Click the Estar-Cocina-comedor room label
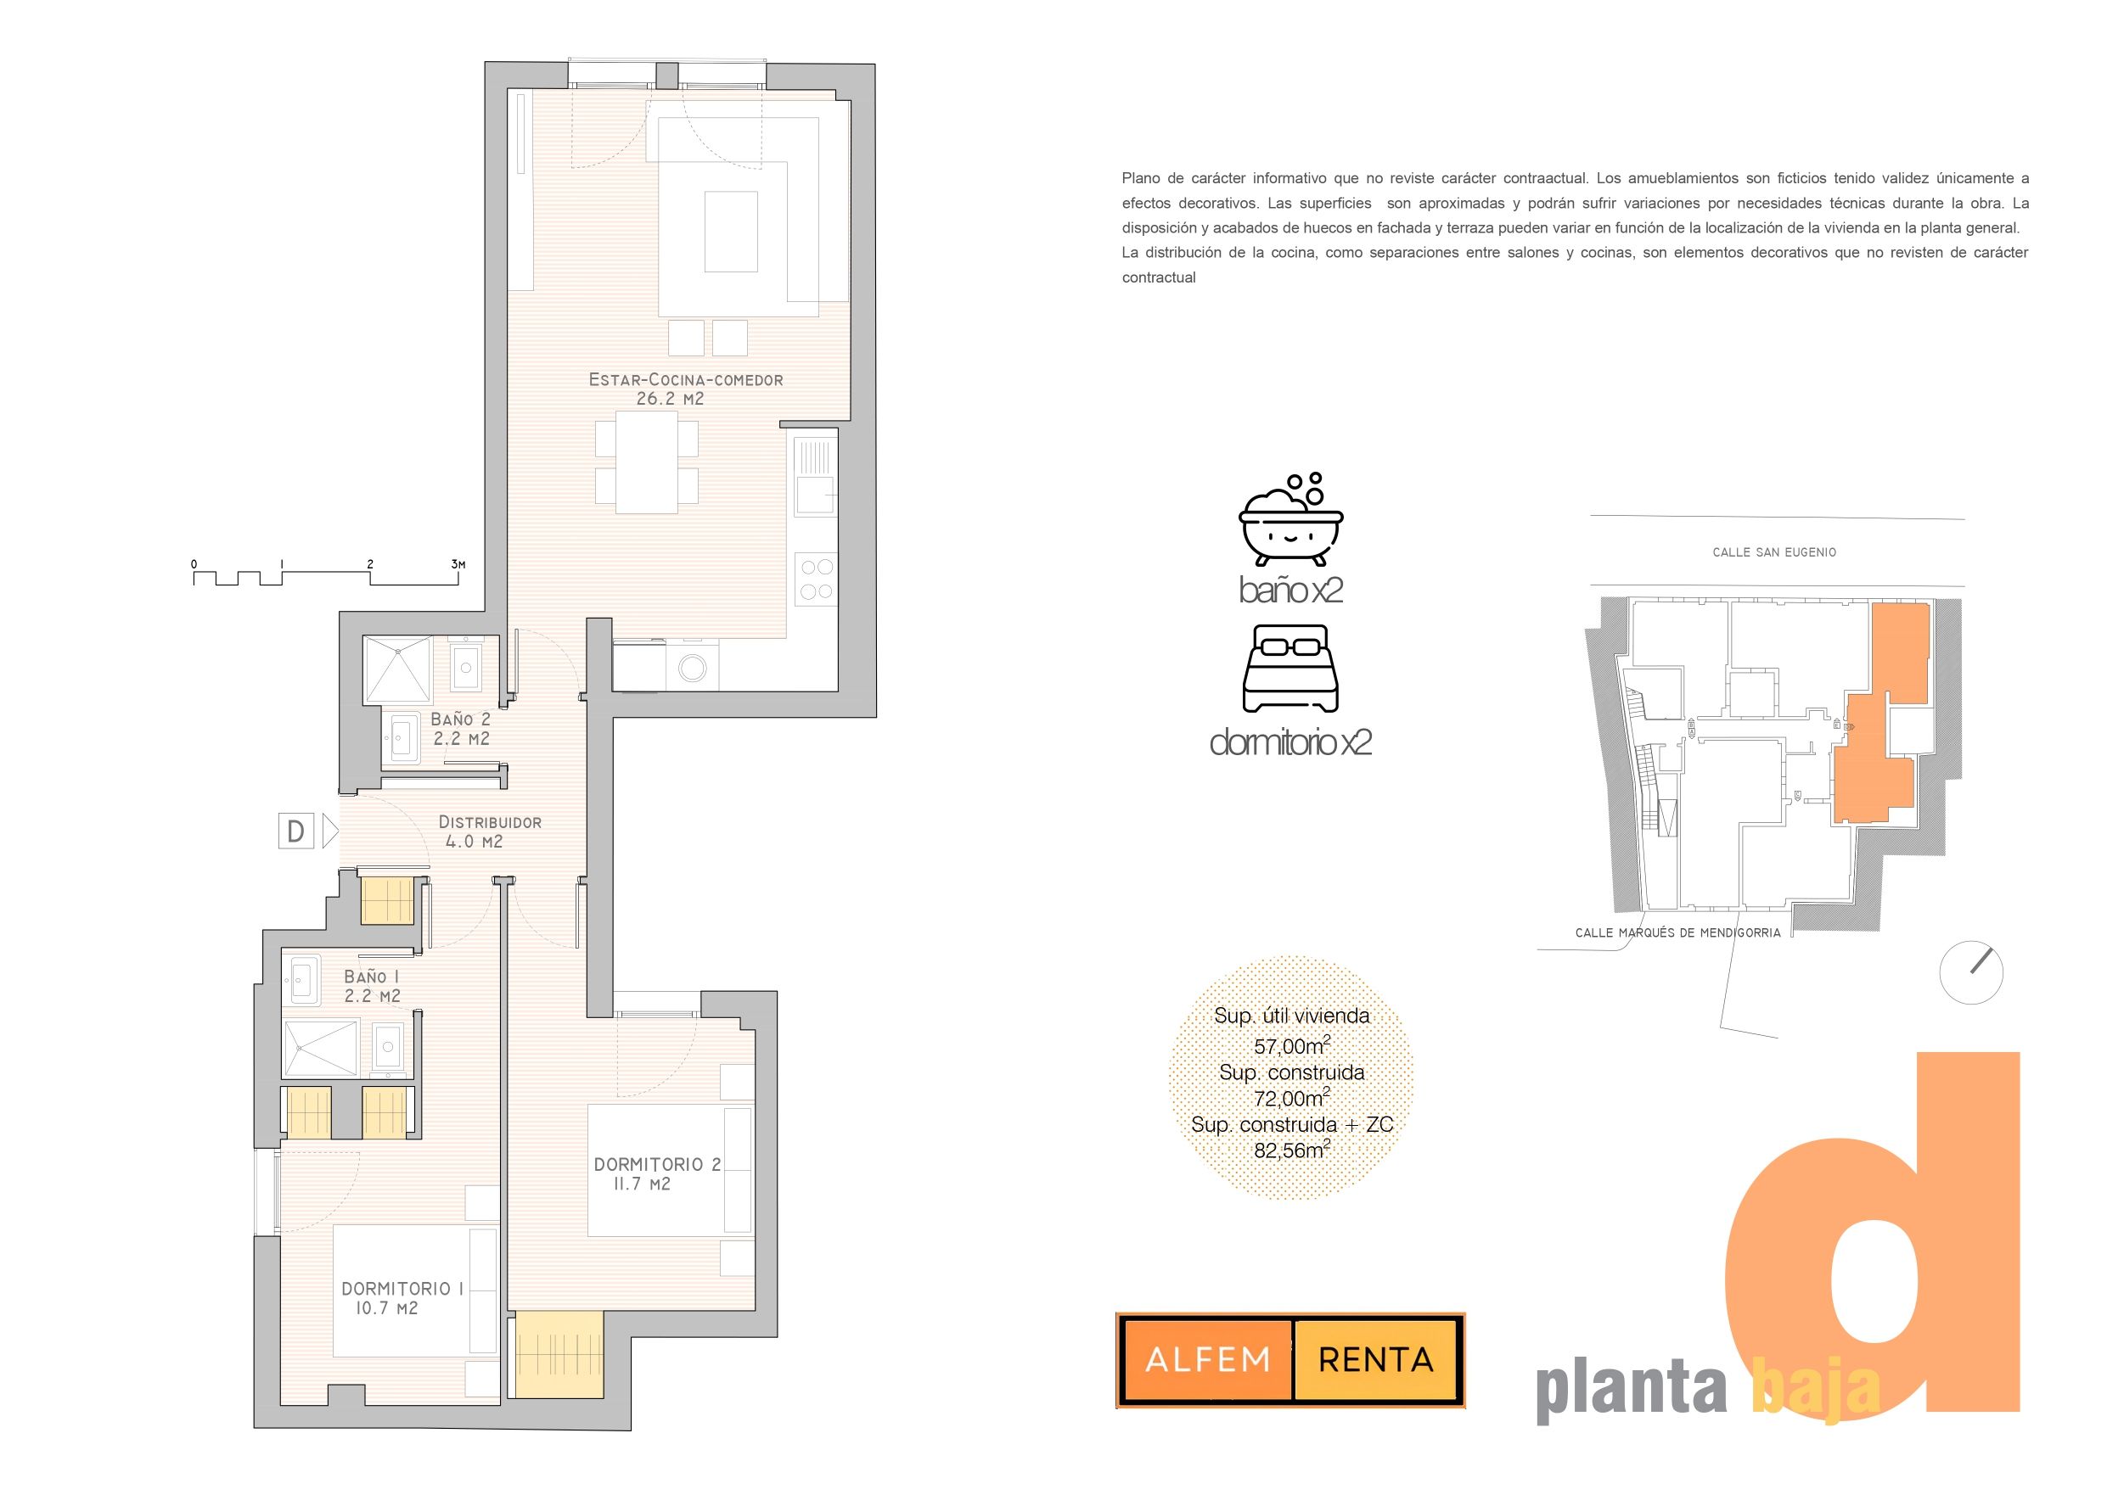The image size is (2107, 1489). click(686, 379)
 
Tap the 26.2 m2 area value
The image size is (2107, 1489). click(670, 399)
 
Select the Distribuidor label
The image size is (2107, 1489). click(490, 822)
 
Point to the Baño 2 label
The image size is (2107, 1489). click(461, 719)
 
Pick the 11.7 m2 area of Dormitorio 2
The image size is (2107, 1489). click(642, 1184)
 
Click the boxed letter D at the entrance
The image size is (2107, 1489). click(295, 831)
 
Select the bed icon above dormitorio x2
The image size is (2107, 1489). click(1290, 669)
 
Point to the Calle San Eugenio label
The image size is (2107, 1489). click(1774, 552)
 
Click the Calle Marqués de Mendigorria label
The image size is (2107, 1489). click(1677, 932)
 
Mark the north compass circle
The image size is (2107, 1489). click(1971, 972)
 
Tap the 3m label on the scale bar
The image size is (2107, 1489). click(458, 563)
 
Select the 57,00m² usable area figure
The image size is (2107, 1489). click(1292, 1045)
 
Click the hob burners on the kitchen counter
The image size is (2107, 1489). click(816, 579)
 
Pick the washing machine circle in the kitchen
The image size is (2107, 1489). click(692, 668)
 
